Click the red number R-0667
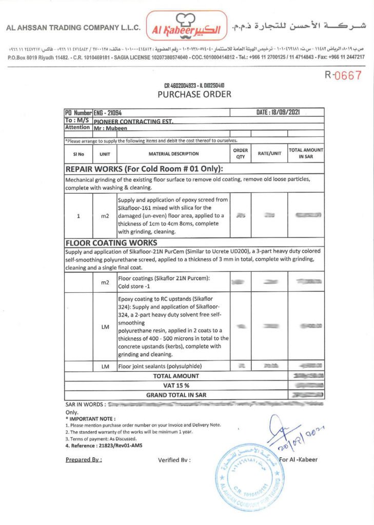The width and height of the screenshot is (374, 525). pos(343,75)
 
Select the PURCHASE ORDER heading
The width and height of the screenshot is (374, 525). pos(194,94)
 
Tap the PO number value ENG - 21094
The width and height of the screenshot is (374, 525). pos(107,112)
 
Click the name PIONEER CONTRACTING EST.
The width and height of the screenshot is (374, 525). pos(133,121)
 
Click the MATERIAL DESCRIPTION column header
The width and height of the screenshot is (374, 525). pos(173,154)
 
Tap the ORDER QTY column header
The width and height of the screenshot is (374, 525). pos(241,154)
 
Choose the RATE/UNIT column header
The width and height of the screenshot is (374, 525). pos(269,154)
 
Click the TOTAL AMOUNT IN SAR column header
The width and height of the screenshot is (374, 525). pos(306,154)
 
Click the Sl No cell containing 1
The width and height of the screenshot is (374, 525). pos(78,216)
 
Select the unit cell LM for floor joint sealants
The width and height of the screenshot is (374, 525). pos(105,366)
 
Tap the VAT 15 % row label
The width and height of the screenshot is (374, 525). pos(175,385)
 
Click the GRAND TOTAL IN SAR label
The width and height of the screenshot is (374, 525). pos(176,395)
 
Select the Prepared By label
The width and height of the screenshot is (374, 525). pos(84,459)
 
